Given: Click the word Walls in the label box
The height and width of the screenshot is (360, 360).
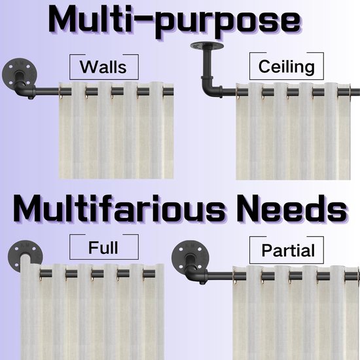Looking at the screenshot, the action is click(103, 67).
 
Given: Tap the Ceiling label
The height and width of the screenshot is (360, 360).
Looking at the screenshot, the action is click(286, 67).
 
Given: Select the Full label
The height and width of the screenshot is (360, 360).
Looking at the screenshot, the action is click(103, 247).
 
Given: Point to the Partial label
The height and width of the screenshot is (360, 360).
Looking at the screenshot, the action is click(288, 250).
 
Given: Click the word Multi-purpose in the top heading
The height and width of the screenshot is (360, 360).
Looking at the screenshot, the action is click(174, 21).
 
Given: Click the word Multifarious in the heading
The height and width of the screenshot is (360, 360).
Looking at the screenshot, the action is click(118, 209).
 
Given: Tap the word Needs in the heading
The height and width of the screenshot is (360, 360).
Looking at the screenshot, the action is click(291, 209).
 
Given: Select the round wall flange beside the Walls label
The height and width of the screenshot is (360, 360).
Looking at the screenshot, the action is click(16, 71).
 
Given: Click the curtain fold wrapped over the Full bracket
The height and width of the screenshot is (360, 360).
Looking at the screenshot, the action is click(26, 264).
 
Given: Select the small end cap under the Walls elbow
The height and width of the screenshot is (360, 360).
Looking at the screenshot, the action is click(29, 98).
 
